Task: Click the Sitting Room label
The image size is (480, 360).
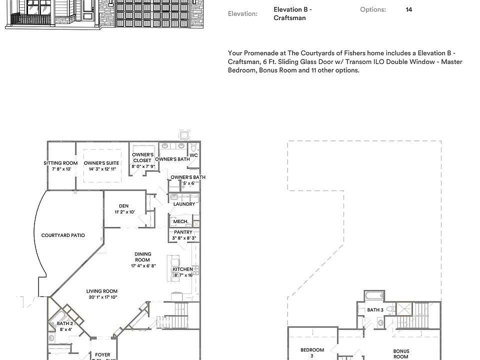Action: [x=60, y=163]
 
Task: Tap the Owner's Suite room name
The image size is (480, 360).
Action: [x=101, y=163]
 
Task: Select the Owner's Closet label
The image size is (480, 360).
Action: [x=142, y=157]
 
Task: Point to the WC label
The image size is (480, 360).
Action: [x=193, y=155]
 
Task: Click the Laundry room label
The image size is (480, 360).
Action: [x=184, y=204]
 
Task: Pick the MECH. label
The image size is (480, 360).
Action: [x=180, y=221]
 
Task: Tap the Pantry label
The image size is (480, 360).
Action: [x=183, y=232]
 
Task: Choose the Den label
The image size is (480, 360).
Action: [x=124, y=206]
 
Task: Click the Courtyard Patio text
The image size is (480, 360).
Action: [x=63, y=235]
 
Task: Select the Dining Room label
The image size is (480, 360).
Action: [x=142, y=257]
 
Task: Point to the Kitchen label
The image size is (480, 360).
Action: [x=182, y=269]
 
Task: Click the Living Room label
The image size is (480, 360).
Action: [x=102, y=291]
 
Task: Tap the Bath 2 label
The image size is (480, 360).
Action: [x=65, y=323]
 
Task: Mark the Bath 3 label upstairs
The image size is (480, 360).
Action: [x=375, y=310]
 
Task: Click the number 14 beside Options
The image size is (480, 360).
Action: [x=409, y=9]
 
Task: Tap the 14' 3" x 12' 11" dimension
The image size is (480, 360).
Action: [x=102, y=169]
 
